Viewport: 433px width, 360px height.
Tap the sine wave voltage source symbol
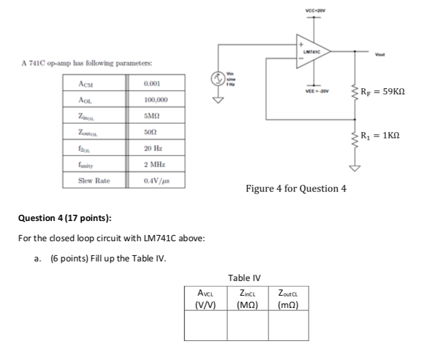(216, 78)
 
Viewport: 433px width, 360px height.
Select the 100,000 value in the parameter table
(156, 99)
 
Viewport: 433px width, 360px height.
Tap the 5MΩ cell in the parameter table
(152, 116)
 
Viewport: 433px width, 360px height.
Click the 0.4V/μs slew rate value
(156, 182)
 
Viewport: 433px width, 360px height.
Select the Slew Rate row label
(94, 182)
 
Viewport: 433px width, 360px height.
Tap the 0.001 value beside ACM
(152, 83)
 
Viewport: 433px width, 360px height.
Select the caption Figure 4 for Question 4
(296, 189)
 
